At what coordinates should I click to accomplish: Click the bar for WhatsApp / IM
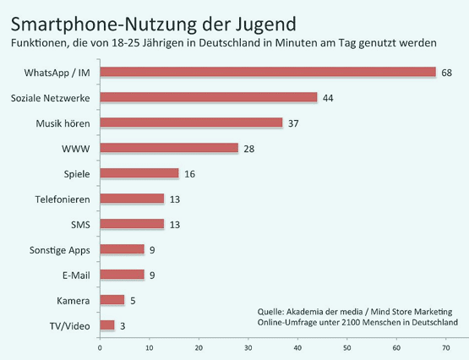click(268, 72)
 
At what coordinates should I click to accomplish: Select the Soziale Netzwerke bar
click(209, 97)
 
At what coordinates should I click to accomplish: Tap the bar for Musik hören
click(191, 123)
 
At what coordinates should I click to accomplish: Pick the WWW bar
click(169, 148)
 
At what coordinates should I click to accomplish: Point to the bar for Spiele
click(139, 173)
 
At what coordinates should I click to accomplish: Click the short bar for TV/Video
click(107, 325)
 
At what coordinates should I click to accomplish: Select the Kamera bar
click(112, 299)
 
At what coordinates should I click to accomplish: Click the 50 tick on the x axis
click(346, 346)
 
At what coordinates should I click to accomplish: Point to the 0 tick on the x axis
click(100, 346)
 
